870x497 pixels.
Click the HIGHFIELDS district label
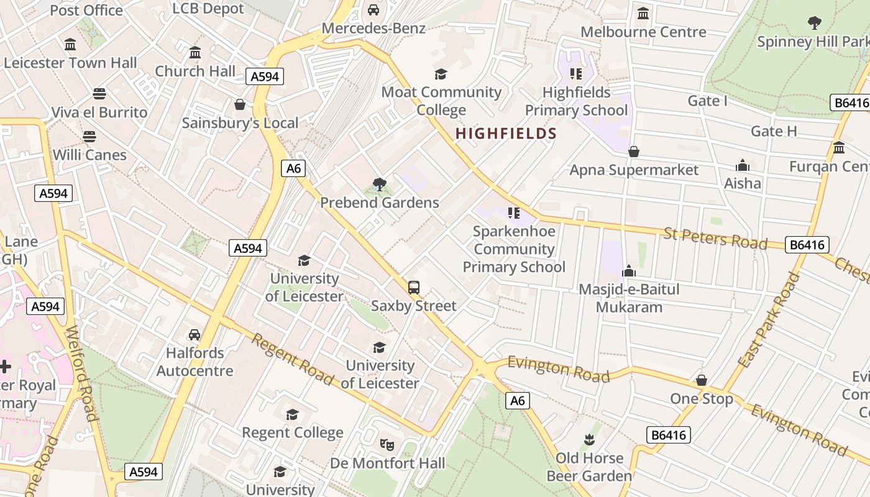(x=506, y=134)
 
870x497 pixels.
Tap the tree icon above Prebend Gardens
(x=379, y=184)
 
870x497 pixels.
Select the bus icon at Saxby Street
(x=414, y=287)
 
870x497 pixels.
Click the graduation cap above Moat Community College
(x=441, y=74)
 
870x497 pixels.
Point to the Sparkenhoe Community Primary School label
(x=514, y=249)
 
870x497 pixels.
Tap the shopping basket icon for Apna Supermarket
(x=634, y=152)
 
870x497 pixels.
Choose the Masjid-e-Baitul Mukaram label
(x=629, y=298)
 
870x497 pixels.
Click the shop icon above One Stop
(x=702, y=380)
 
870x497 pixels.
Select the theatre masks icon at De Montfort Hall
(x=387, y=445)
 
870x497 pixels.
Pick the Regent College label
(x=292, y=432)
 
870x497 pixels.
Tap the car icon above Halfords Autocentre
(x=195, y=335)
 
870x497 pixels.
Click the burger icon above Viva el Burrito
(x=99, y=94)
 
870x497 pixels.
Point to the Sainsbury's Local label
(x=240, y=123)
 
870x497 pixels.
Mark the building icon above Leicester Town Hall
(x=70, y=45)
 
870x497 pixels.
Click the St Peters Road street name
(x=715, y=238)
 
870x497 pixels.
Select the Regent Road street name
(x=292, y=358)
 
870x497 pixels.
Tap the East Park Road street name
(x=768, y=320)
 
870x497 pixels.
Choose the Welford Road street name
(x=81, y=373)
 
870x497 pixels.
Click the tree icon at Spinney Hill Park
(x=814, y=24)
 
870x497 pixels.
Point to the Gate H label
(x=774, y=131)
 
